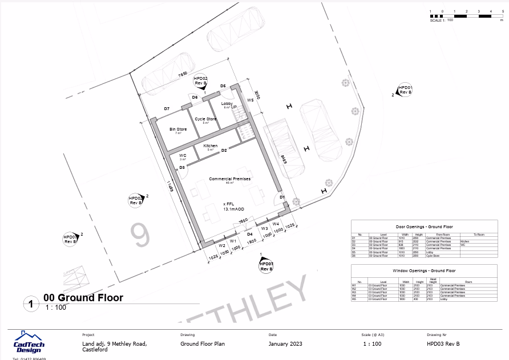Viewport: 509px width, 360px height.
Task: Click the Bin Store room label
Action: click(x=178, y=130)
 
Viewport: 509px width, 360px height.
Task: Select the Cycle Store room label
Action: click(x=205, y=119)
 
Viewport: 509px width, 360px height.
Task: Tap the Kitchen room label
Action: click(x=211, y=146)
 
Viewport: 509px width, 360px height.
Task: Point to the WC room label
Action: click(x=183, y=155)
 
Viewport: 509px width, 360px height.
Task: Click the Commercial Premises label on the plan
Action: click(x=229, y=179)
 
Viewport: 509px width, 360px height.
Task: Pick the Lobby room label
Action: click(x=227, y=104)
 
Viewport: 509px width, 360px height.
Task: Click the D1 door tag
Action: click(x=282, y=197)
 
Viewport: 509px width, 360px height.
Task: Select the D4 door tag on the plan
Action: click(x=249, y=234)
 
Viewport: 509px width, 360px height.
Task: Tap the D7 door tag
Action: click(x=167, y=108)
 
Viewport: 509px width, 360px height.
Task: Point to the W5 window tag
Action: click(x=249, y=100)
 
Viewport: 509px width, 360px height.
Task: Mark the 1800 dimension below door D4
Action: click(x=251, y=241)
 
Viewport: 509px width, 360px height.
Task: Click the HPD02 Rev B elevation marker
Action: click(x=200, y=80)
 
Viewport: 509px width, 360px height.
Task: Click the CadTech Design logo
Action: click(x=29, y=342)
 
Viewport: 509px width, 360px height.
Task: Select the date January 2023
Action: click(x=285, y=344)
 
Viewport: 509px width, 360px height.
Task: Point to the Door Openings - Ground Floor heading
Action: click(x=424, y=226)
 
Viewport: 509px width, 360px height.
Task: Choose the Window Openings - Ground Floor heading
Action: click(x=424, y=270)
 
